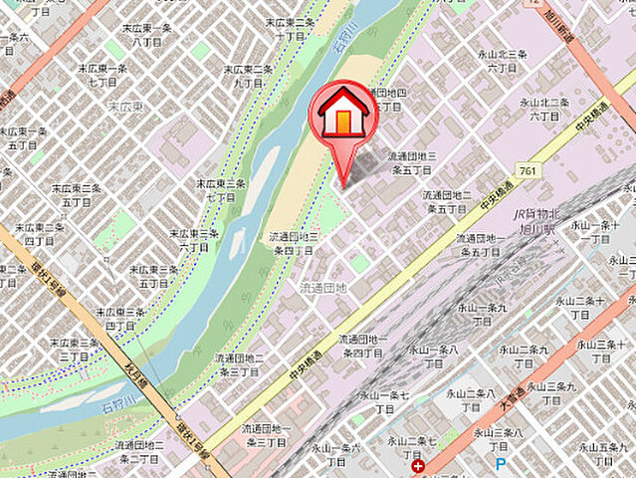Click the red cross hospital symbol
(x=416, y=465)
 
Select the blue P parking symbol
(x=501, y=464)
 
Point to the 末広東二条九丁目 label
(x=248, y=76)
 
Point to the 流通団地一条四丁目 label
(x=362, y=346)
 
